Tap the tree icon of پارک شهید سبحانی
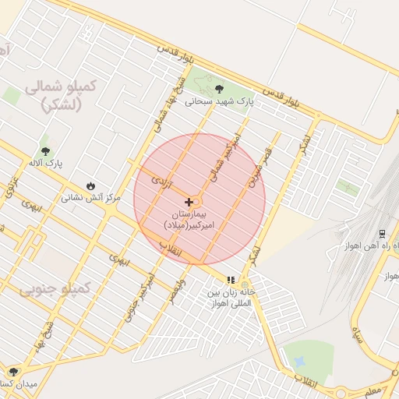(x=218, y=89)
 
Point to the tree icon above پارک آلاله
(x=44, y=151)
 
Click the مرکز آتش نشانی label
(x=91, y=198)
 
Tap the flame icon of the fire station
(x=91, y=186)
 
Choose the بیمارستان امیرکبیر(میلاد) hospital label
(x=192, y=218)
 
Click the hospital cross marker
(x=189, y=201)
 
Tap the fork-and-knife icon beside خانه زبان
(x=231, y=280)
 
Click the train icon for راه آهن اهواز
(x=382, y=233)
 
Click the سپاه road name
(x=358, y=337)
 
